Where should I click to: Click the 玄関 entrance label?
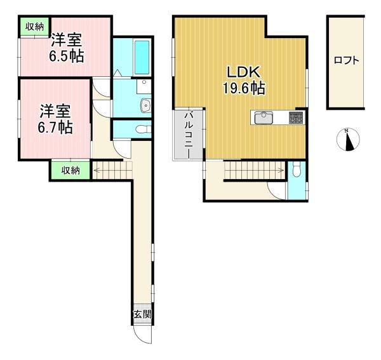(x=142, y=314)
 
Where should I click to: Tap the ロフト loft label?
(x=346, y=60)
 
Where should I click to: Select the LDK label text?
(x=244, y=72)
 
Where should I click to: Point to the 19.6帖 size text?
(x=244, y=88)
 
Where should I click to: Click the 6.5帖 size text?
(x=67, y=56)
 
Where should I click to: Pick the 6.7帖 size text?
(x=55, y=127)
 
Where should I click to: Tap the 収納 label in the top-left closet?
(x=35, y=27)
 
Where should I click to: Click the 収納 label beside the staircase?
(x=70, y=171)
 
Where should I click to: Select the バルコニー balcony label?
(x=189, y=135)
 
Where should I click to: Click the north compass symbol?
(x=348, y=140)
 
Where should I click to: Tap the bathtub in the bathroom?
(x=142, y=57)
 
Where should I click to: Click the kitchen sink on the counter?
(x=264, y=118)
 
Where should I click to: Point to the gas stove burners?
(x=296, y=117)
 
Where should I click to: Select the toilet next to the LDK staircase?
(x=297, y=170)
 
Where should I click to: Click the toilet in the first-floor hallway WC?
(x=144, y=130)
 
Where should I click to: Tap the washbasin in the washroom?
(x=146, y=105)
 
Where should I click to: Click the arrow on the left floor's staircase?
(x=112, y=170)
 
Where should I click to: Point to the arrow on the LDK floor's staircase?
(x=254, y=170)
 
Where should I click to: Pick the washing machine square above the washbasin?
(x=144, y=86)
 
